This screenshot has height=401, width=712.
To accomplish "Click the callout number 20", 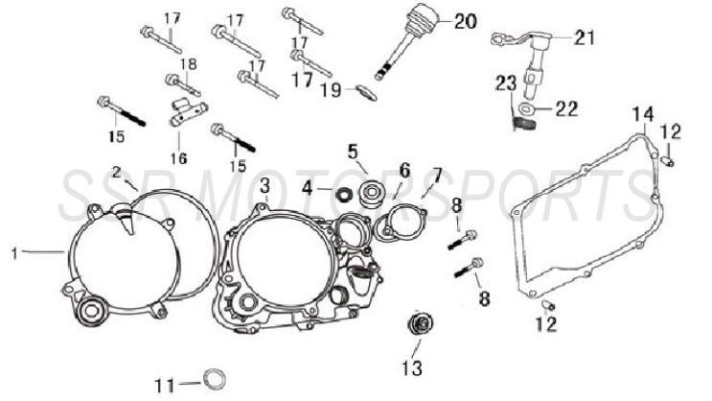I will (464, 21).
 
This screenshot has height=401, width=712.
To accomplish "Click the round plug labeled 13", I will (417, 325).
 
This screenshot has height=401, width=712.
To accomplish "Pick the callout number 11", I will (164, 386).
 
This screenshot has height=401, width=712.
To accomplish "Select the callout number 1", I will (14, 252).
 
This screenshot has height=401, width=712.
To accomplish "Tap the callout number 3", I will (264, 184).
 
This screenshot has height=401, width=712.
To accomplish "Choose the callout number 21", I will (585, 37).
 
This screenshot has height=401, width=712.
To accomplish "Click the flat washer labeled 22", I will (533, 110).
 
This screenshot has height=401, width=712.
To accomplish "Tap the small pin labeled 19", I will (364, 92).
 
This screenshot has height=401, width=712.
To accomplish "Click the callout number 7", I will (437, 176).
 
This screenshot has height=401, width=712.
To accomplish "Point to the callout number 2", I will (117, 173).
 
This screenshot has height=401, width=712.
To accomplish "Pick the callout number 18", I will (189, 63).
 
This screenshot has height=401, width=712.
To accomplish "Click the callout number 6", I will (404, 170).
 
